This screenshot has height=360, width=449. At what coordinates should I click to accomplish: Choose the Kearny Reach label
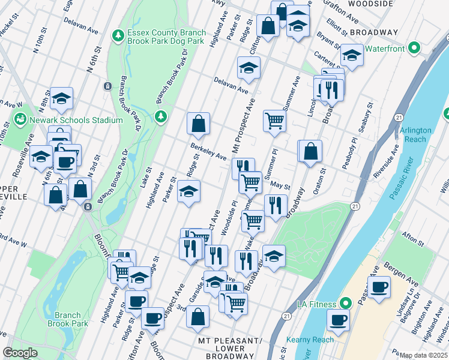[314, 340]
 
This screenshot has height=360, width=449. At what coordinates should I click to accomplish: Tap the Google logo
[20, 353]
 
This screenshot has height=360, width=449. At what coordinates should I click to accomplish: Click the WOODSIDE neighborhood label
[371, 4]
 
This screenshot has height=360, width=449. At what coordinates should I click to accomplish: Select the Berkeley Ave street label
[208, 152]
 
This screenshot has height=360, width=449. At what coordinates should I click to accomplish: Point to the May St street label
[280, 186]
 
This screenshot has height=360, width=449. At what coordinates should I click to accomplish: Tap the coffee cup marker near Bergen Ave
[379, 287]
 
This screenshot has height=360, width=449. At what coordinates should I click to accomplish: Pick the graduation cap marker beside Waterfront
[352, 55]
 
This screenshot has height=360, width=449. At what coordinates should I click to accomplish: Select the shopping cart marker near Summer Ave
[274, 120]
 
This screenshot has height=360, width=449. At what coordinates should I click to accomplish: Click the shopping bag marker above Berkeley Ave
[198, 124]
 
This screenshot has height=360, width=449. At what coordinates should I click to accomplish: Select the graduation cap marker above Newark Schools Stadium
[61, 99]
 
